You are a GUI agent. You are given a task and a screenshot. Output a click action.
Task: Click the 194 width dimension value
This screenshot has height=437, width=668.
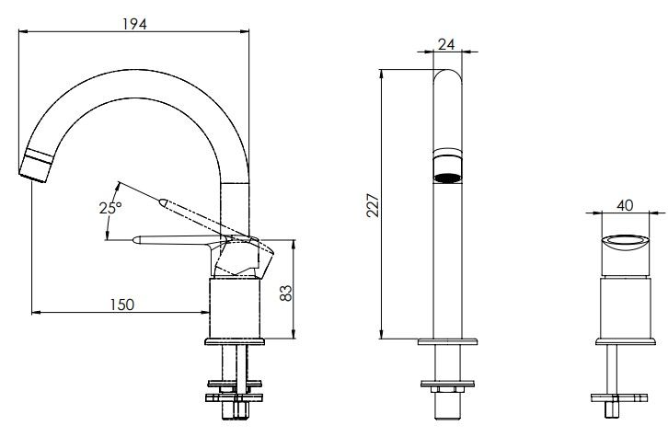134,24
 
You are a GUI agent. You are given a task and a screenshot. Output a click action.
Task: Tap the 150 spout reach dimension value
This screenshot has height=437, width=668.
121,305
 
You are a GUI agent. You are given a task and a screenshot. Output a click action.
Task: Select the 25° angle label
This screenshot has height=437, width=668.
110,208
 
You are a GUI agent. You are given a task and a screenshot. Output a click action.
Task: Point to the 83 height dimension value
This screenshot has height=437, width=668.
286,293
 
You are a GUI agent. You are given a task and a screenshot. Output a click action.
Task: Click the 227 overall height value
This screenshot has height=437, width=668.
373,205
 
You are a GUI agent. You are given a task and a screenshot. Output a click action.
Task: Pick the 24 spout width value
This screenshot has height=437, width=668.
446,44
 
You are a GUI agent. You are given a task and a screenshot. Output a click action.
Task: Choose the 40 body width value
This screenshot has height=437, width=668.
625,205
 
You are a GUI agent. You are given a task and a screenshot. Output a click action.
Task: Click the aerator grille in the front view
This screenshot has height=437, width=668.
447,178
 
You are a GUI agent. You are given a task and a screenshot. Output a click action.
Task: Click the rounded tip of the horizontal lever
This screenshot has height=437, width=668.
136,240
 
